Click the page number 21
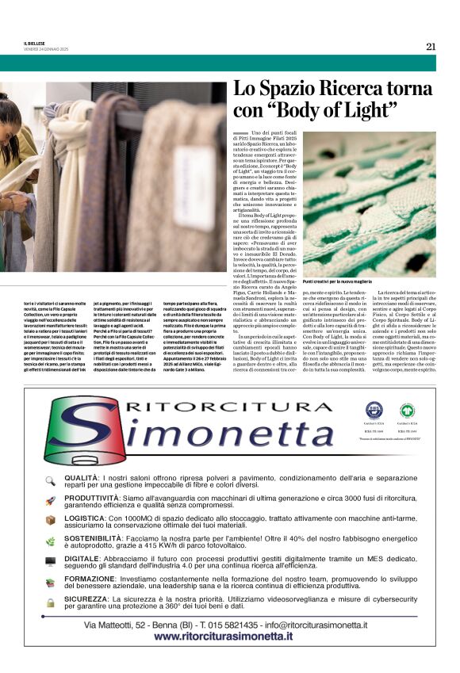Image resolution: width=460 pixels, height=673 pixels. [x=431, y=46]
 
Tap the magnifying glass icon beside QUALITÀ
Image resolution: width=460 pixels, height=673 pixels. [x=50, y=480]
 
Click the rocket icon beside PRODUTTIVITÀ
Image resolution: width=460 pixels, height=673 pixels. [x=50, y=501]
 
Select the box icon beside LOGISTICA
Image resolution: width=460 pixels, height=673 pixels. [x=50, y=521]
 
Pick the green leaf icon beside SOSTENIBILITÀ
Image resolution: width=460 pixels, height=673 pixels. [x=50, y=541]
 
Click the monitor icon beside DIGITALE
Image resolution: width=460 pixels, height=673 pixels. [x=50, y=562]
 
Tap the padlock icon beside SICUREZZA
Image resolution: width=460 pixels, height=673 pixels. [x=50, y=603]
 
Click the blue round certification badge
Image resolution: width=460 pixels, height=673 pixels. [x=374, y=411]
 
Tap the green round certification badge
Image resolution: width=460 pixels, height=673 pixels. [x=407, y=411]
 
